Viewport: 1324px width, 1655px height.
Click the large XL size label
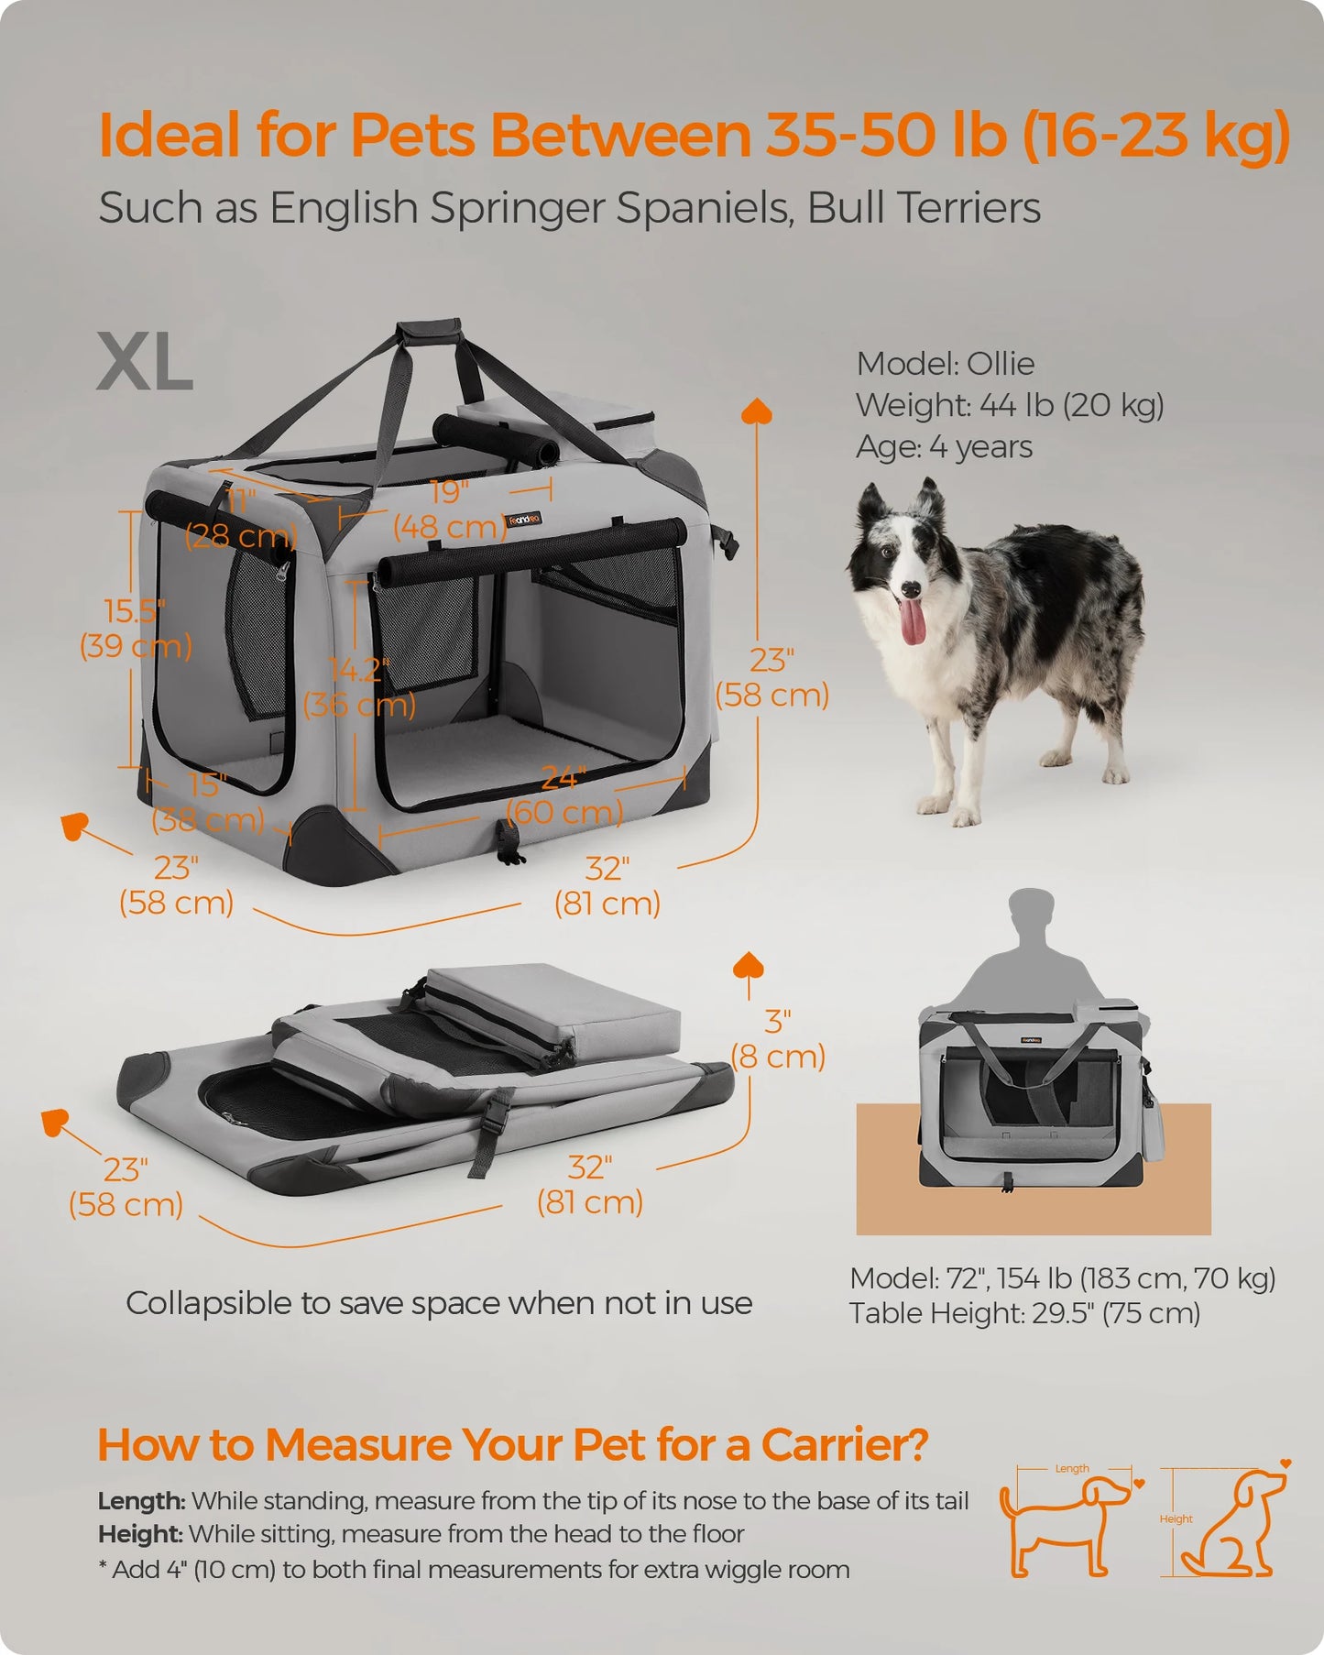pos(145,363)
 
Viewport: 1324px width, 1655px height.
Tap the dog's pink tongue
pos(912,623)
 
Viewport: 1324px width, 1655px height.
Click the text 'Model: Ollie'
pos(945,364)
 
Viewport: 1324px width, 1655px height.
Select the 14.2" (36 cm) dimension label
pos(359,687)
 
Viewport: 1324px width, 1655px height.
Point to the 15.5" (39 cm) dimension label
pos(136,629)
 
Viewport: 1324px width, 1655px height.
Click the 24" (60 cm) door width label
pos(564,795)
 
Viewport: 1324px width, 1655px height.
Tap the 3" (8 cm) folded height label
pos(778,1039)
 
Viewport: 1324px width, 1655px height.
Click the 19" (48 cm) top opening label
pos(449,510)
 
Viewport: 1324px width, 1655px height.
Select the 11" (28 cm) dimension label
pos(241,519)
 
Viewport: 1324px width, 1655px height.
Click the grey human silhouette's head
pos(1030,912)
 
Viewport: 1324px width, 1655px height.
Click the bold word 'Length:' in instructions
pos(141,1501)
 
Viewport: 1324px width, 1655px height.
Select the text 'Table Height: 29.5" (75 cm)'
pos(1023,1313)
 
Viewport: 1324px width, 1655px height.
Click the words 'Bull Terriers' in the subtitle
pos(924,208)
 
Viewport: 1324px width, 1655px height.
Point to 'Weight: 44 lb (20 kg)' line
pos(1009,405)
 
